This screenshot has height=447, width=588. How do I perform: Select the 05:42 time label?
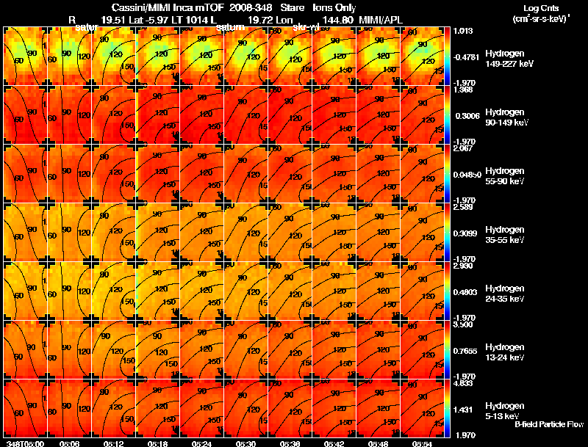click(334, 443)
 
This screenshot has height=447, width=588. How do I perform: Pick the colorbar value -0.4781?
click(467, 56)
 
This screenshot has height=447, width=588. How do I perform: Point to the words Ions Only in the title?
click(330, 7)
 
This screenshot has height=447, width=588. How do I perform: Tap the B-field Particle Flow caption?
click(548, 424)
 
